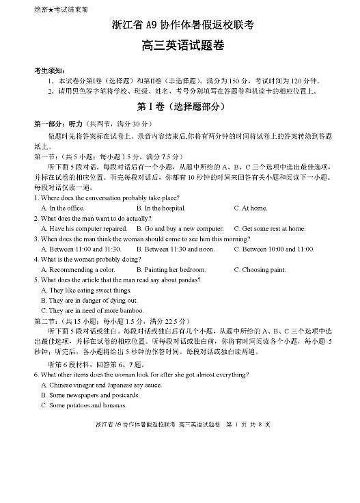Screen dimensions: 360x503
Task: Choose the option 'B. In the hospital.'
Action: click(x=161, y=208)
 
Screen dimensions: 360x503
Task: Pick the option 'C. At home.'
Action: click(x=251, y=208)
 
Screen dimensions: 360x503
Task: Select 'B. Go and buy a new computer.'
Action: click(x=180, y=228)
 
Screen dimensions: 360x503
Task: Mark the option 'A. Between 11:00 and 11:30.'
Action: click(x=81, y=249)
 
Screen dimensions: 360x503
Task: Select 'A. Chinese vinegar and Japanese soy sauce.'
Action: click(x=101, y=385)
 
